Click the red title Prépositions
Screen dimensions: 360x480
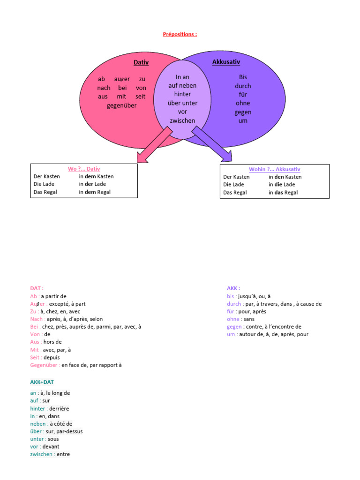(180, 34)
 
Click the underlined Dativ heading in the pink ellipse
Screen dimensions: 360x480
(141, 62)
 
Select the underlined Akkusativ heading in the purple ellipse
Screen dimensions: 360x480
(226, 62)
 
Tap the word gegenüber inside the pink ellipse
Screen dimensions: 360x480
(122, 105)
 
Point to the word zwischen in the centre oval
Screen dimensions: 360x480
(182, 120)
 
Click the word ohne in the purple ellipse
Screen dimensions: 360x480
(243, 103)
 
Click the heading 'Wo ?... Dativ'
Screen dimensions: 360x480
(84, 169)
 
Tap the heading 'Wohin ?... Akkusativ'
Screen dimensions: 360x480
(275, 169)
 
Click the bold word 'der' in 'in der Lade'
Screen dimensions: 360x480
(90, 184)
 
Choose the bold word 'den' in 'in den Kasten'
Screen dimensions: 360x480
(279, 177)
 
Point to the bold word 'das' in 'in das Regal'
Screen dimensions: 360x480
(279, 192)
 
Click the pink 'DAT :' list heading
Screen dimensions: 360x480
(37, 289)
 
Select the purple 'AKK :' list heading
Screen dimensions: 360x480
(233, 289)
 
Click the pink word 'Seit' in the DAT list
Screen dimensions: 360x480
(35, 357)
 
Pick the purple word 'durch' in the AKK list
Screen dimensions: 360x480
(234, 304)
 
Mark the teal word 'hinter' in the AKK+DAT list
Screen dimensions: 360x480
(38, 408)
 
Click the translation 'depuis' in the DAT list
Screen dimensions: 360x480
(52, 357)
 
